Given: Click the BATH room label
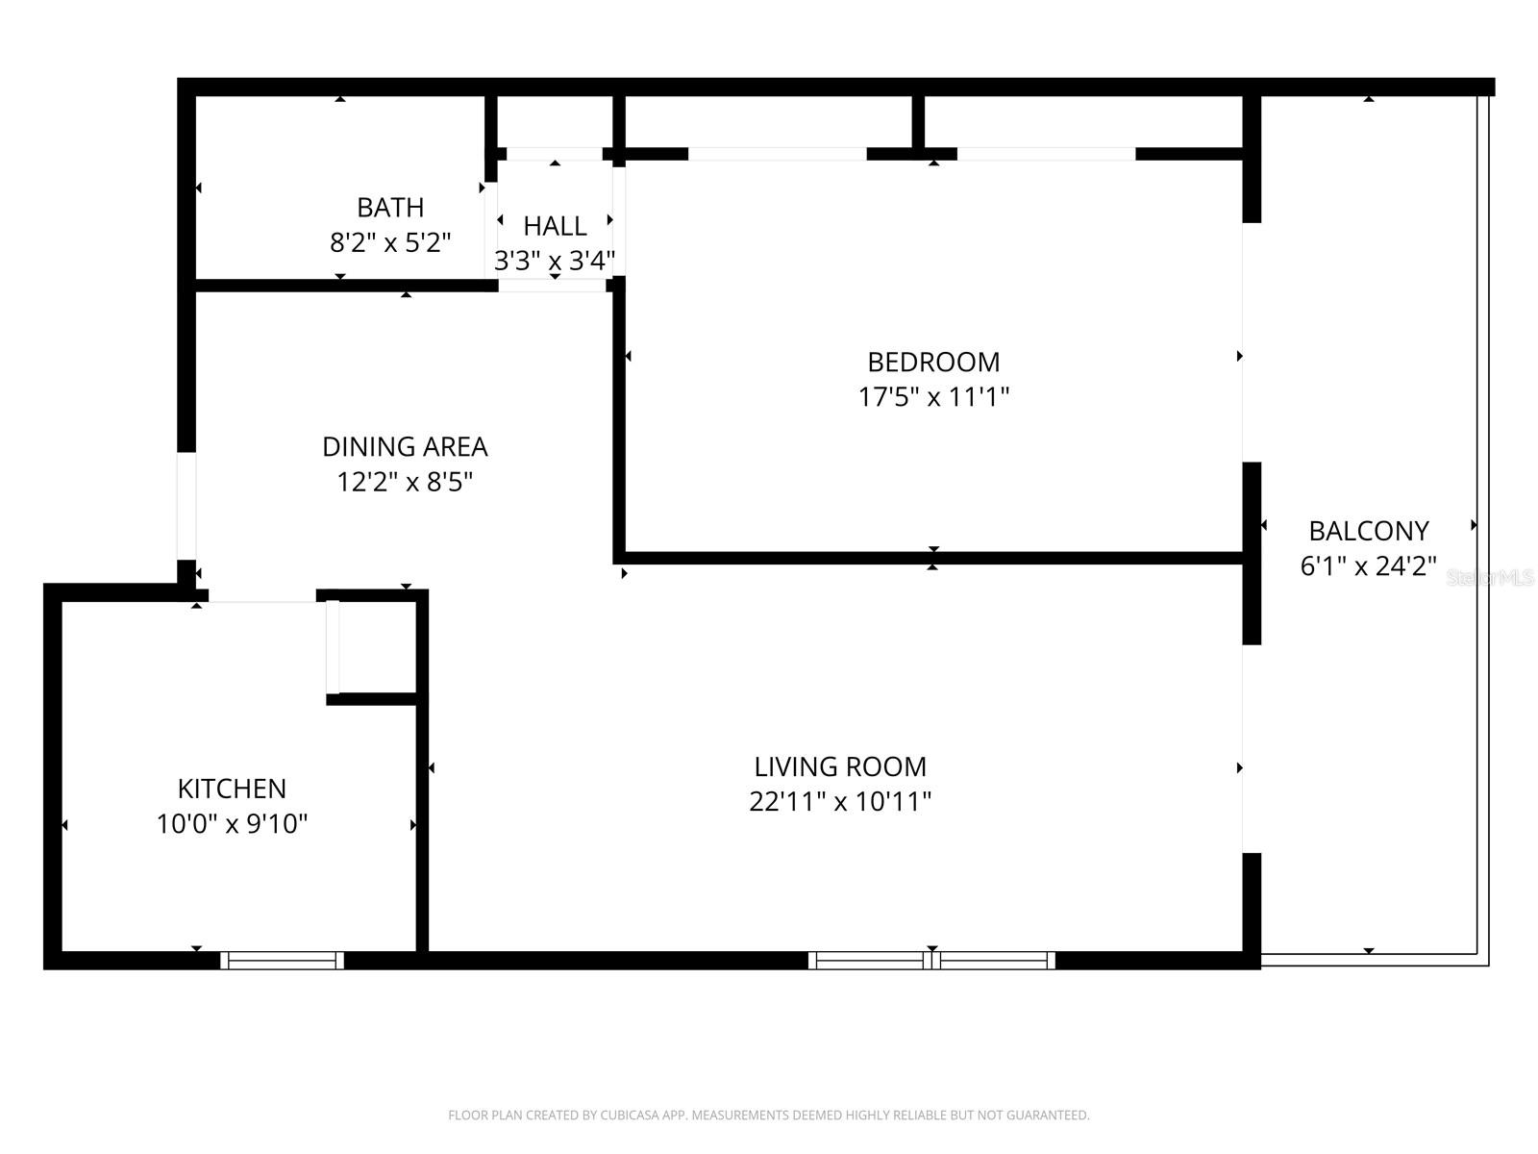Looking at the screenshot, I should [390, 208].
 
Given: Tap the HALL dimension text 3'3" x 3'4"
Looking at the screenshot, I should [555, 261].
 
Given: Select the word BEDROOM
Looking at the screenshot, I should [933, 363].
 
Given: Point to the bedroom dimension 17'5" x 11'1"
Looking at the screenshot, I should [933, 397].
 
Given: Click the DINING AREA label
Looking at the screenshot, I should [405, 447].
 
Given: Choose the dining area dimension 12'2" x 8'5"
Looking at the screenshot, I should [405, 482].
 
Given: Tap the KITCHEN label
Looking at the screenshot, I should [232, 790].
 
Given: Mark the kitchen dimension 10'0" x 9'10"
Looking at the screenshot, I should [232, 824].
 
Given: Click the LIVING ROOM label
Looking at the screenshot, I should [840, 767].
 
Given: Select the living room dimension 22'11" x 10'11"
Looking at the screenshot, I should [840, 802].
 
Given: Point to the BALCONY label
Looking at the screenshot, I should [1369, 531].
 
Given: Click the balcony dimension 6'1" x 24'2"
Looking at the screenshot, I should [1369, 566].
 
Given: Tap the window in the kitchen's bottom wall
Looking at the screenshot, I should [282, 960].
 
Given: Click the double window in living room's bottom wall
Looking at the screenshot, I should [931, 960].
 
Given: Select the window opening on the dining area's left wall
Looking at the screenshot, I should [186, 506].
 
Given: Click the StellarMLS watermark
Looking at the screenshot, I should [1490, 578].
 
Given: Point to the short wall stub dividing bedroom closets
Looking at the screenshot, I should [918, 122].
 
